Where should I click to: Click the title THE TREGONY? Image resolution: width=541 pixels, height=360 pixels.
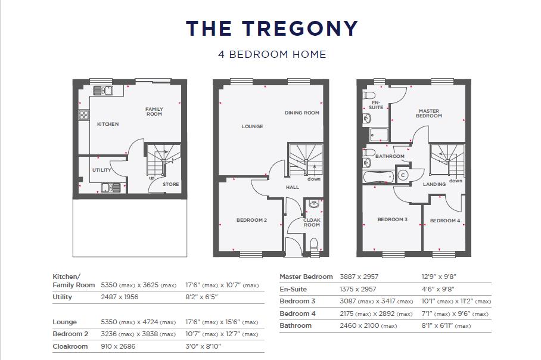272,28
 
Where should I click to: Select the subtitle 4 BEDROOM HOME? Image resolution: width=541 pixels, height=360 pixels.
272,54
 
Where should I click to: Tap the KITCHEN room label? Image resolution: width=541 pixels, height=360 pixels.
108,124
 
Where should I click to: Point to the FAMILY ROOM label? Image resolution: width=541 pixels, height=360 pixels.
154,111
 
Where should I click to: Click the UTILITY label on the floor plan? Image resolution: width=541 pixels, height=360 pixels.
102,170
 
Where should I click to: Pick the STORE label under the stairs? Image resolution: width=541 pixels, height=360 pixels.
171,184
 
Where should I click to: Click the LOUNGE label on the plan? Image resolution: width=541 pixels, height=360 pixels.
252,126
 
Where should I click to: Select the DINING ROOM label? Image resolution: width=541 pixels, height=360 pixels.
301,113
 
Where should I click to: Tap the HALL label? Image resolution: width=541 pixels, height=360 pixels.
293,187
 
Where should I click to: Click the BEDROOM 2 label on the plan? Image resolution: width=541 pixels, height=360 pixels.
251,220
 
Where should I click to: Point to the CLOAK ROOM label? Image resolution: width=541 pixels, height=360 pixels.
312,222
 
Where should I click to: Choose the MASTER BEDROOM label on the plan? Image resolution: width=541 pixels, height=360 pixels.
430,113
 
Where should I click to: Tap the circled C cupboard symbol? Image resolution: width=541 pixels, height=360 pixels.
402,175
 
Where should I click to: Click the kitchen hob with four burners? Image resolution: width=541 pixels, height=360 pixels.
83,115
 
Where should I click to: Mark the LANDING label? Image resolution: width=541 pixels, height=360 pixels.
434,184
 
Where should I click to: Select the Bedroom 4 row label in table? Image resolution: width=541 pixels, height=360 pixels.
298,314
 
